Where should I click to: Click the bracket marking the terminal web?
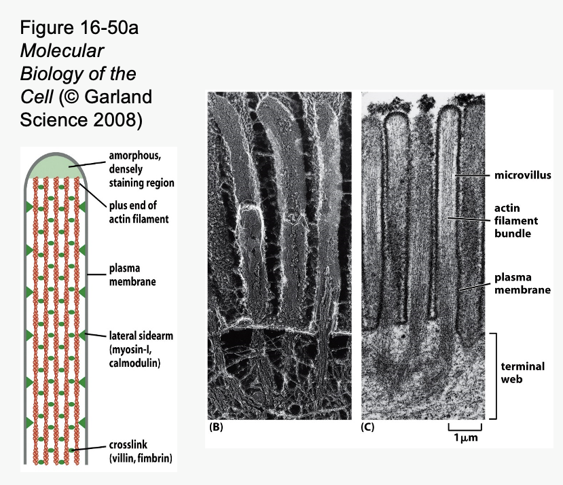497,376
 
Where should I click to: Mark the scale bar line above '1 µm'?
465,429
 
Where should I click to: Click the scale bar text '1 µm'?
465,439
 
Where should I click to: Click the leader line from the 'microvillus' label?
472,176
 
